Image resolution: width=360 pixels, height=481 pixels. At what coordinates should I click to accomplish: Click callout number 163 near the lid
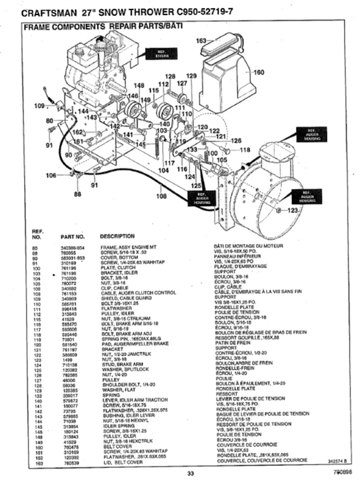[x=201, y=41]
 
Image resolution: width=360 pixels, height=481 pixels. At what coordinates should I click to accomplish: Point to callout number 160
[x=258, y=71]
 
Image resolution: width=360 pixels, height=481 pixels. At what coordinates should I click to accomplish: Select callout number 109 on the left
[x=40, y=106]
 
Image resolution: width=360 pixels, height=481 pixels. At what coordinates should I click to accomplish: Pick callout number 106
[x=51, y=176]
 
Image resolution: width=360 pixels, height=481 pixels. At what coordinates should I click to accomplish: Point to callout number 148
[x=139, y=85]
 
